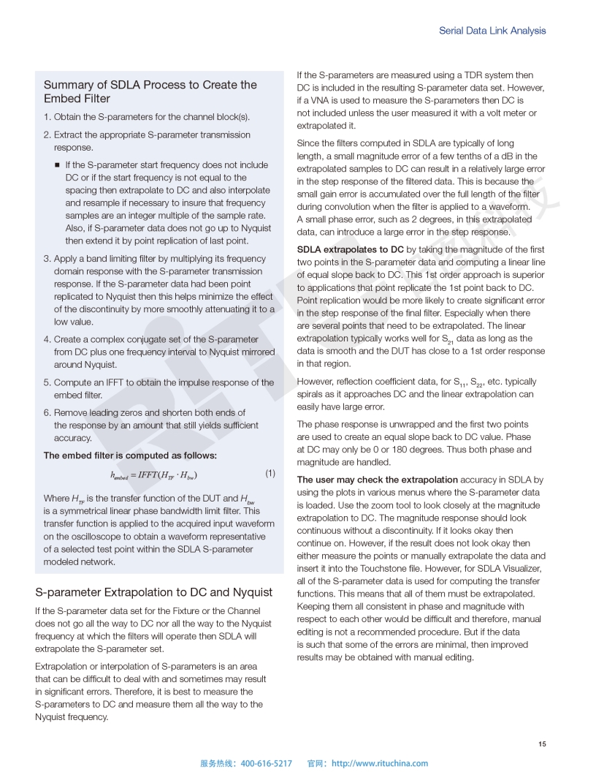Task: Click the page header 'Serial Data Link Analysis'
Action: [x=492, y=31]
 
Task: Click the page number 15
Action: [x=542, y=744]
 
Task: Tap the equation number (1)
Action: [x=270, y=474]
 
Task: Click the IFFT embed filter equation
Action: [x=154, y=475]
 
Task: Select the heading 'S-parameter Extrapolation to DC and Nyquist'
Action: [x=153, y=592]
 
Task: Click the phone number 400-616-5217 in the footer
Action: [x=266, y=763]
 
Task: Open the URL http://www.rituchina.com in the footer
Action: [x=380, y=763]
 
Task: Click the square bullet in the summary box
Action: [x=57, y=165]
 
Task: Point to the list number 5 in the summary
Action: [x=46, y=382]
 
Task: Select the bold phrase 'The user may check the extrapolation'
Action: [x=377, y=480]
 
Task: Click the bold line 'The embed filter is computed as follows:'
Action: [x=130, y=455]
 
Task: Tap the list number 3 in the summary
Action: [x=46, y=259]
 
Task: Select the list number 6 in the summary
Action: [x=46, y=412]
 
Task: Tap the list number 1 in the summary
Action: [x=46, y=117]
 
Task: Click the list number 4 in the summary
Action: [x=46, y=339]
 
